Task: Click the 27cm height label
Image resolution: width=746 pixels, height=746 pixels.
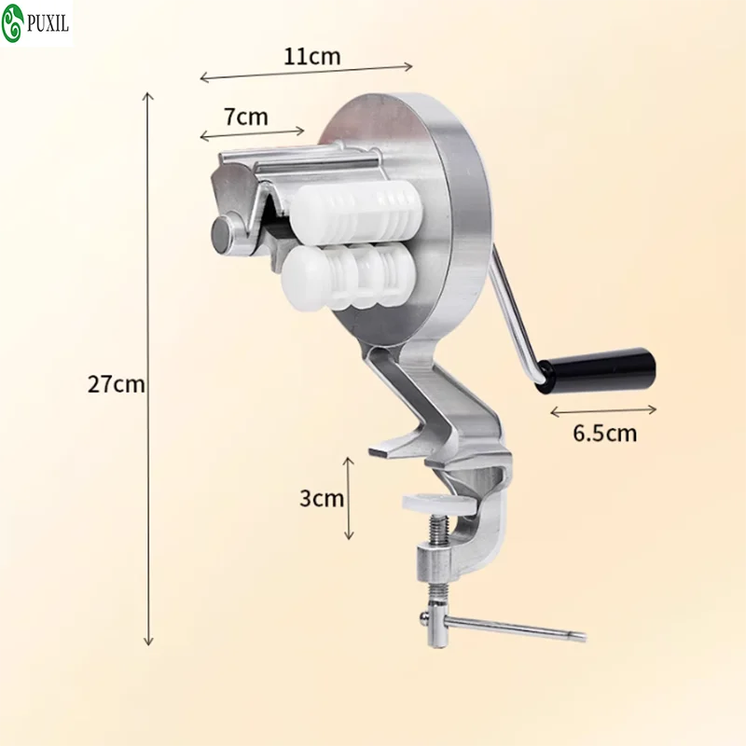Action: [116, 384]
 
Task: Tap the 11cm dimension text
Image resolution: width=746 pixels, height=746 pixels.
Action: [312, 57]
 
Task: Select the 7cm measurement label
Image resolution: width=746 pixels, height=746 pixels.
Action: [246, 117]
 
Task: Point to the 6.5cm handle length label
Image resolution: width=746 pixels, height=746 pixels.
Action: [604, 434]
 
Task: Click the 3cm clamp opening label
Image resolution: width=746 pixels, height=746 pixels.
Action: [322, 499]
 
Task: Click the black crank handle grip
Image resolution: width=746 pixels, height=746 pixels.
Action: [596, 370]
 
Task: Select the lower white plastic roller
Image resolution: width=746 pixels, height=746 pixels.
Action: [348, 277]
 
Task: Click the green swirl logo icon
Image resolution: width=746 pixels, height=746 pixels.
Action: [12, 22]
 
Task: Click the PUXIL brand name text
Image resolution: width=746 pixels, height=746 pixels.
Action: [48, 23]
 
